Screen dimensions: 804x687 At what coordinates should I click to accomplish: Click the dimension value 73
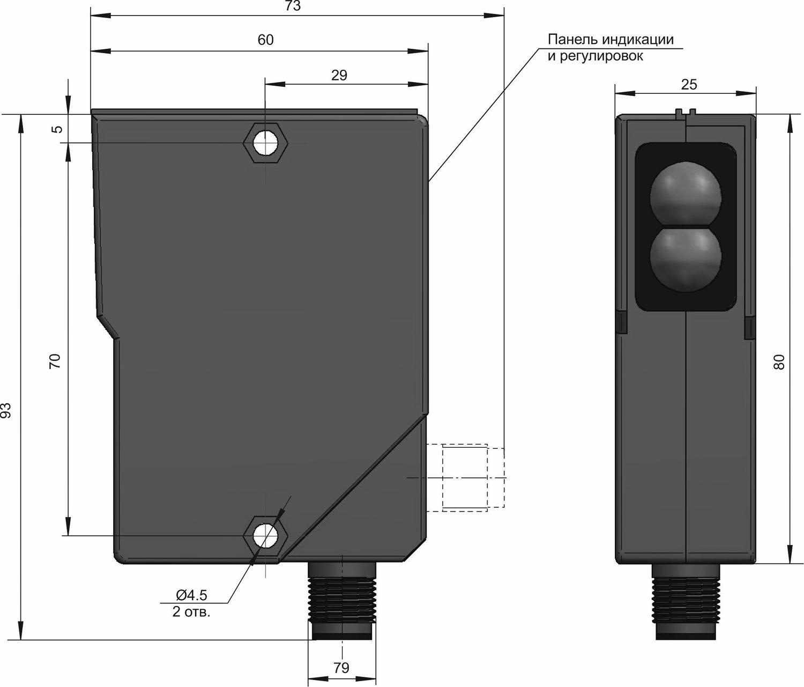coord(293,6)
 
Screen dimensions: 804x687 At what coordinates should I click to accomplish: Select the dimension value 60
coord(266,40)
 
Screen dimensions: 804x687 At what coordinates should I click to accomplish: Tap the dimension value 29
coord(339,75)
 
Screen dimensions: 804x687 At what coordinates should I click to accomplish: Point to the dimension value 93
coord(6,411)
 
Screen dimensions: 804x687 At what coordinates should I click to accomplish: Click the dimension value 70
coord(55,361)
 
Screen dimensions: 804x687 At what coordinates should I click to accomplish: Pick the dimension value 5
coord(57,129)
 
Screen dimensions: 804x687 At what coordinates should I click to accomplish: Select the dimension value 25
coord(689,84)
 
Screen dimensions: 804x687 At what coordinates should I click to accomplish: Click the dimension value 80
coord(779,362)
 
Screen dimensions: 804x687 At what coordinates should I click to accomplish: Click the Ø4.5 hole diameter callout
coord(192,595)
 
